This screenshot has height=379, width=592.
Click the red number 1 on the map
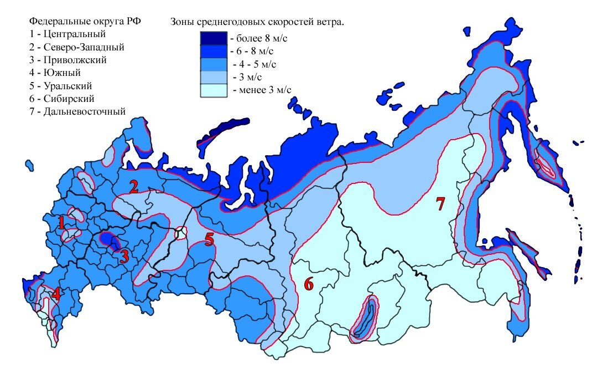pos(62,222)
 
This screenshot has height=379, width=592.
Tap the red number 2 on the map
pos(133,187)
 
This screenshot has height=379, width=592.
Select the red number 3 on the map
pos(124,256)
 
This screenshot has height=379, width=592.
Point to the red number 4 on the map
pos(56,294)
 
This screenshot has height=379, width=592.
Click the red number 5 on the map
pos(209,239)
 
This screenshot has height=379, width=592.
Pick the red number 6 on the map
pos(308,284)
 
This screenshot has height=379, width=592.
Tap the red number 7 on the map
pos(440,204)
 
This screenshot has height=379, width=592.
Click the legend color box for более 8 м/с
pos(213,38)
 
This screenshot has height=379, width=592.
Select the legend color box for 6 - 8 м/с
pos(213,51)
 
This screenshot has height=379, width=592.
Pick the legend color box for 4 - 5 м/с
pos(213,64)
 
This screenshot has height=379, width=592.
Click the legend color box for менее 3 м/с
pos(213,90)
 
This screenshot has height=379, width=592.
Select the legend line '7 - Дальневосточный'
pos(77,111)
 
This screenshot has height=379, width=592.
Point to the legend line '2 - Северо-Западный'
pos(77,47)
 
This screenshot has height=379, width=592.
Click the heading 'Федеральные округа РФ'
pos(85,22)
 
